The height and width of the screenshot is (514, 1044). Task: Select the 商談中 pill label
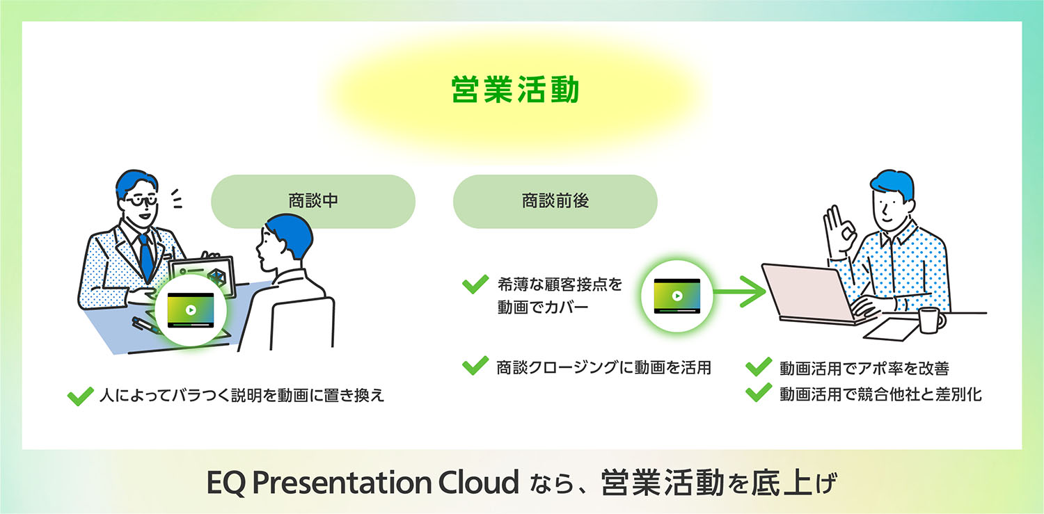tap(313, 201)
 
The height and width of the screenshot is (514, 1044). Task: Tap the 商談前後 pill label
tap(555, 201)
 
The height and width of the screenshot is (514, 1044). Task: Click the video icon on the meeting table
tap(190, 310)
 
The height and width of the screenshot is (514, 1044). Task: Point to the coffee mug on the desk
tap(930, 320)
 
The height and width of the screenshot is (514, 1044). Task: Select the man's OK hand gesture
tap(837, 234)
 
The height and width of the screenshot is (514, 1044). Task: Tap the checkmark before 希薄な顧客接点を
tap(475, 284)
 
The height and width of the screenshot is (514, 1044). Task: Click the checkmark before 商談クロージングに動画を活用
tap(475, 366)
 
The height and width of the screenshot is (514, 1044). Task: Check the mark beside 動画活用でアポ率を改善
tap(758, 367)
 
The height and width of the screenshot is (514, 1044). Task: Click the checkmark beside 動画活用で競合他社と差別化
tap(758, 394)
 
